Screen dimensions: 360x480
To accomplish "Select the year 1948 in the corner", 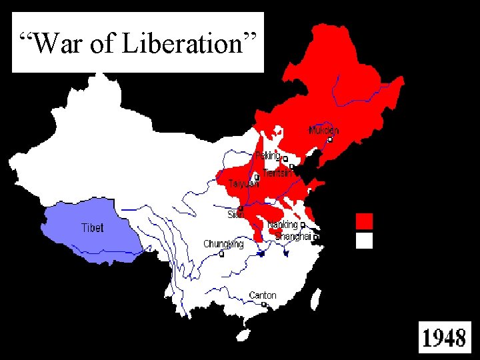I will (x=444, y=338).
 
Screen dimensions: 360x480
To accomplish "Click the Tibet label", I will (x=92, y=227).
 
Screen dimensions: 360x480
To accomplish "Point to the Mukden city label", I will (x=323, y=131).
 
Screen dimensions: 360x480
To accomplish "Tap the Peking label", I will (x=268, y=155).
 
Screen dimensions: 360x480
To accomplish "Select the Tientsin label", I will (x=277, y=173).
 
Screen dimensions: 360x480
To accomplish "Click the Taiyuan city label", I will (x=243, y=183).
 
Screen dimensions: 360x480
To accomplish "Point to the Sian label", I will (x=235, y=215).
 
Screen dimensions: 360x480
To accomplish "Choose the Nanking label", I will (x=282, y=225).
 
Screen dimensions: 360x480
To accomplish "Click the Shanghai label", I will (x=293, y=237).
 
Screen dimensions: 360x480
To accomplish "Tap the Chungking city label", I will (x=223, y=244).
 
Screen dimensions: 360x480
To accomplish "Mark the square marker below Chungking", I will (x=221, y=253).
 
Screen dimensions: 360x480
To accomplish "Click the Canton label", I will (x=262, y=295).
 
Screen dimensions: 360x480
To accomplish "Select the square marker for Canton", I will (x=264, y=304).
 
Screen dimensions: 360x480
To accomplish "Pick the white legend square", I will (x=364, y=241).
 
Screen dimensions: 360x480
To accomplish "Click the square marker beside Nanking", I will (x=303, y=225).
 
